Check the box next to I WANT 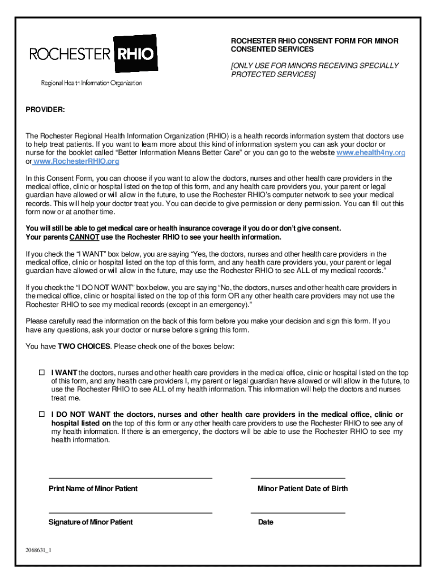click(x=41, y=373)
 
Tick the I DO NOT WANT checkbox click(x=41, y=414)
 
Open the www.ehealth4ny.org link click(x=370, y=153)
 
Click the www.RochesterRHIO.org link click(x=76, y=162)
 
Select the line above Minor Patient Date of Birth click(x=298, y=479)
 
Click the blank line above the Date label click(x=298, y=513)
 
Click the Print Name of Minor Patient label click(x=93, y=489)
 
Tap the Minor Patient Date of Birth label click(x=302, y=489)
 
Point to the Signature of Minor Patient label click(x=91, y=522)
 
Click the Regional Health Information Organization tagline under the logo click(x=91, y=83)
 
